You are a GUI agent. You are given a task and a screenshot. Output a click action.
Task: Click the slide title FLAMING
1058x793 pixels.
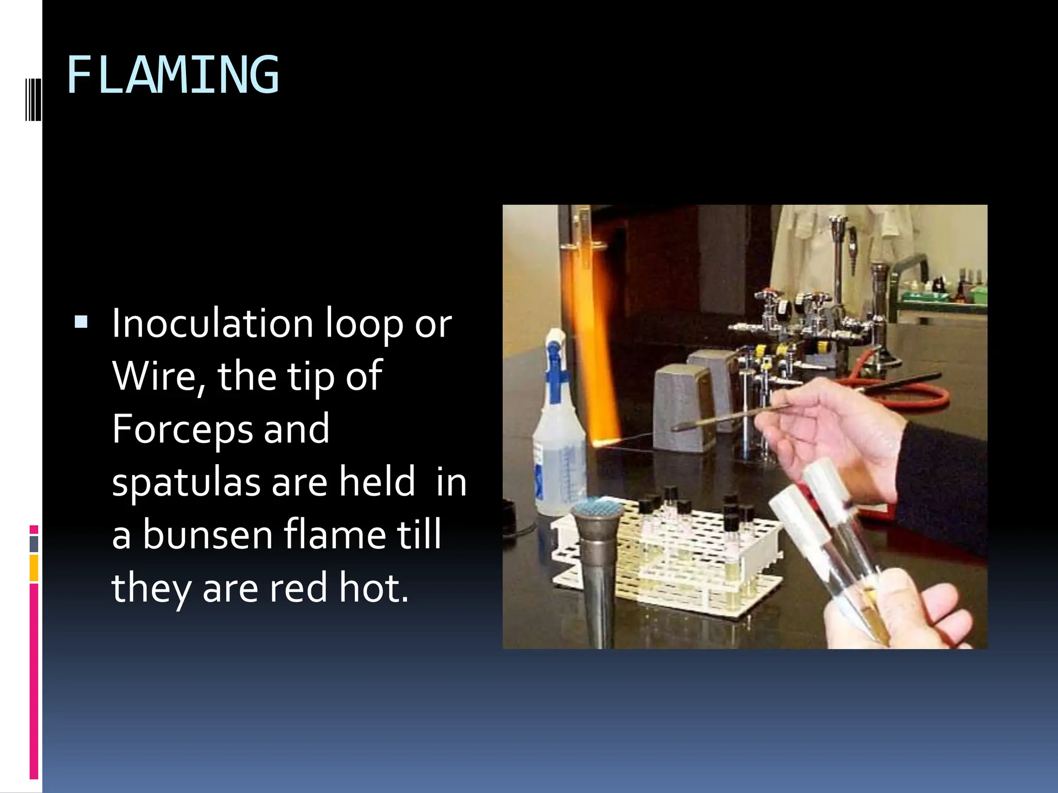coord(173,75)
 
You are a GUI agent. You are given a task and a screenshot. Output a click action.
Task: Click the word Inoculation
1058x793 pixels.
coord(212,324)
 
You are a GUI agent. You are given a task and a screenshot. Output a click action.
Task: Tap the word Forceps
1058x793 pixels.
coord(182,429)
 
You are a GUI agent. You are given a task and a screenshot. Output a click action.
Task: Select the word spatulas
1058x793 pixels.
coord(186,482)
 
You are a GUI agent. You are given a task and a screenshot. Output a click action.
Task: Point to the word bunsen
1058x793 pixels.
coord(207,535)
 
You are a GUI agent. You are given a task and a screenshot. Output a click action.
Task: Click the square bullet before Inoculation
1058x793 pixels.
coord(81,323)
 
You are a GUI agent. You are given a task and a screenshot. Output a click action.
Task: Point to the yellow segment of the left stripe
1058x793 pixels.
coord(34,567)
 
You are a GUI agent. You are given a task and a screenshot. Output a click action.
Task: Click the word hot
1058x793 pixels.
coord(373,588)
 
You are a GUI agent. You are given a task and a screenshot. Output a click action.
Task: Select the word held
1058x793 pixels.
coord(377,482)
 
